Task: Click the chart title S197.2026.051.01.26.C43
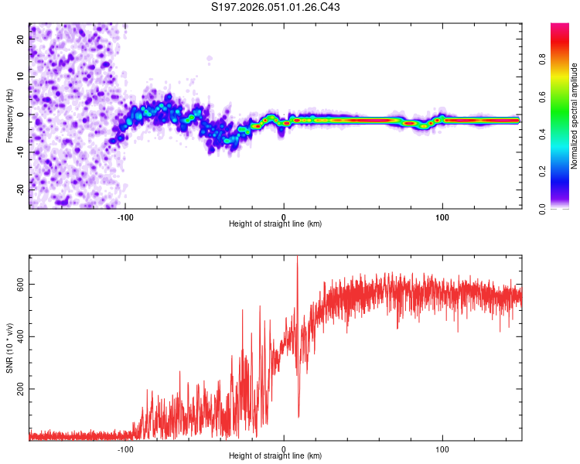276,7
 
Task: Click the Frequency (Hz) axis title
9,115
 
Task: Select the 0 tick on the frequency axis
20,114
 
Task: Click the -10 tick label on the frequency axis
20,152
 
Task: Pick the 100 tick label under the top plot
442,217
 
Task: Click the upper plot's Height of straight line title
276,224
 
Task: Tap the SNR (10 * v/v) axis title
9,347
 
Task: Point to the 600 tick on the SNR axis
20,284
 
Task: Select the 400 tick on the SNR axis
20,336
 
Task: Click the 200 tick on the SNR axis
20,389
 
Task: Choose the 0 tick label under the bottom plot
284,449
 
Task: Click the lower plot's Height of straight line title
276,456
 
